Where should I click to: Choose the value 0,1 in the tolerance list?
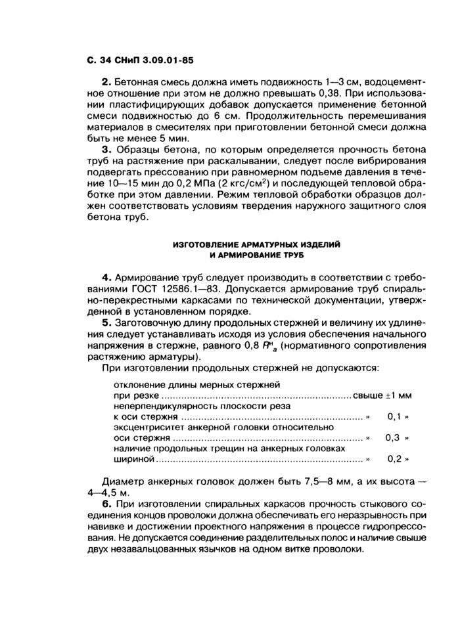394,416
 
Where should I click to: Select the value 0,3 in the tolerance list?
394,437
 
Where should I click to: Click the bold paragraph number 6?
104,504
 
